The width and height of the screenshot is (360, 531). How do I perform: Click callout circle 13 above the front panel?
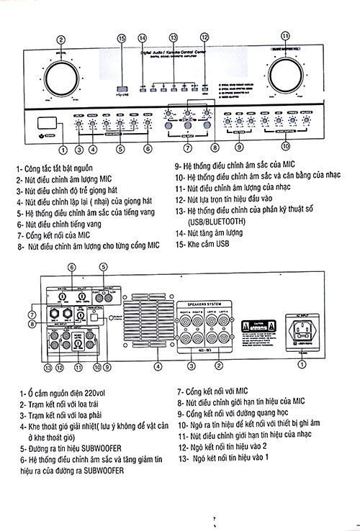173,37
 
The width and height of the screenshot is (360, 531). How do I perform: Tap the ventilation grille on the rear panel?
156,327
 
